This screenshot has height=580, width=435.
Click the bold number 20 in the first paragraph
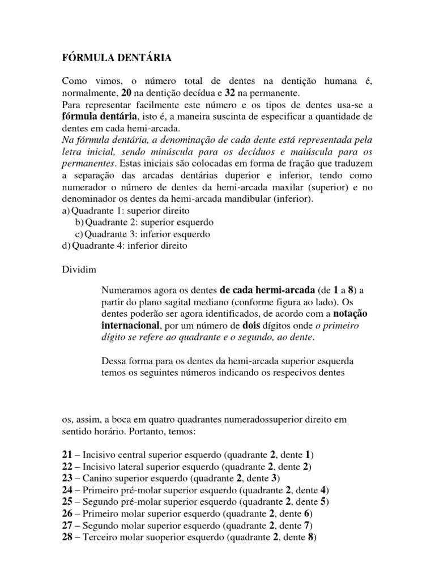(127, 92)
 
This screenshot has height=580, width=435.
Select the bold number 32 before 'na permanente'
(230, 92)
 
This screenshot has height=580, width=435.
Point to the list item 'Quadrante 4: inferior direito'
(124, 246)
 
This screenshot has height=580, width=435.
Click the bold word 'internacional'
(131, 326)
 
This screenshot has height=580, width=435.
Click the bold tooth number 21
(67, 455)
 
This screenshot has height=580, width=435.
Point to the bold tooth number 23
(67, 477)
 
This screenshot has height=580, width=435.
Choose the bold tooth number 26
(67, 514)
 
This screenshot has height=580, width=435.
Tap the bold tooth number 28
(67, 538)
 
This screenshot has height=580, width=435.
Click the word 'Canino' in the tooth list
(97, 477)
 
